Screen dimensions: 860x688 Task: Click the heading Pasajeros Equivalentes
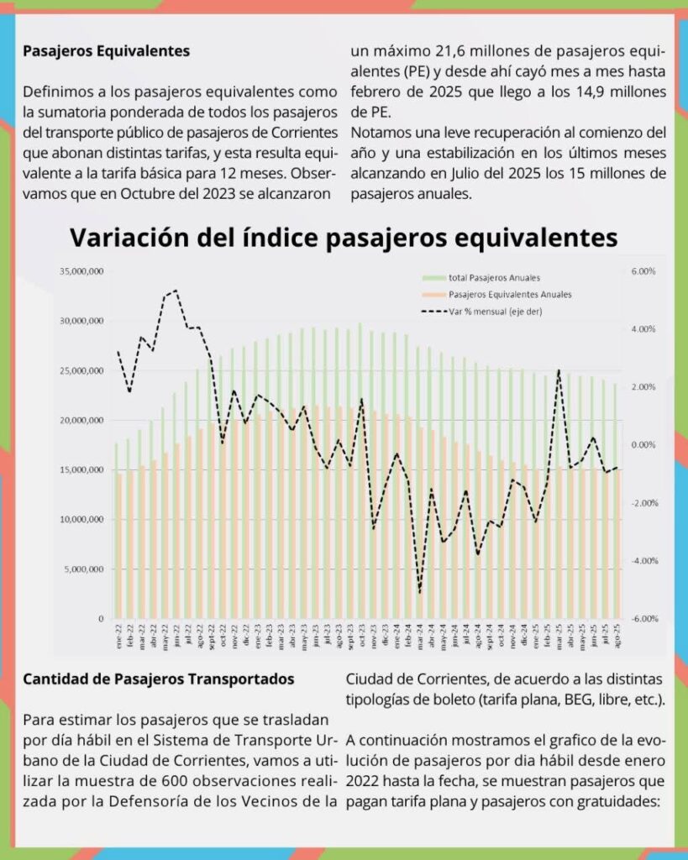click(107, 50)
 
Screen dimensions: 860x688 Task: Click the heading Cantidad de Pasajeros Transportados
click(159, 679)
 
